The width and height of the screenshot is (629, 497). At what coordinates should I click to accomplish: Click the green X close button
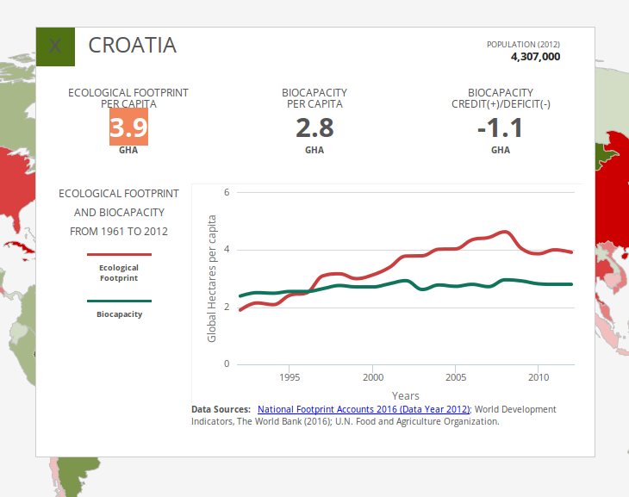pos(55,47)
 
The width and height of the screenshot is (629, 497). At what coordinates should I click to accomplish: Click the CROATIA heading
pos(133,46)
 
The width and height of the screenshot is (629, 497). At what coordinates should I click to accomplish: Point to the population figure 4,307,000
pos(535,57)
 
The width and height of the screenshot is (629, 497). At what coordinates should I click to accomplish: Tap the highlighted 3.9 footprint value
pos(128,128)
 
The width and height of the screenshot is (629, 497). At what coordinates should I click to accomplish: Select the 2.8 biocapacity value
pos(314,128)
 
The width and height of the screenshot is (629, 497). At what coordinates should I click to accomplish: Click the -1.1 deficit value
pos(500,128)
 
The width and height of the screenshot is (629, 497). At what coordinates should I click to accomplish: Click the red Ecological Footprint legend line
pos(119,255)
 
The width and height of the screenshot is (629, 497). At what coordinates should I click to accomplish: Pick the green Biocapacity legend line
pos(119,301)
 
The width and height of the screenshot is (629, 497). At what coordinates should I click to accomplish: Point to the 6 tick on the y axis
pos(227,192)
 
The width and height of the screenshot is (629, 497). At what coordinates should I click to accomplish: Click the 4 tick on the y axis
pos(227,250)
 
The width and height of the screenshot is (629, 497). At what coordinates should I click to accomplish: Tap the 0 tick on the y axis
pos(227,363)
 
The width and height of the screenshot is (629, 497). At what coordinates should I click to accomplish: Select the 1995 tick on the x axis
pos(290,377)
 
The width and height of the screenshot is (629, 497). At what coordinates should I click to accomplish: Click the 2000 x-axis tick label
pos(372,377)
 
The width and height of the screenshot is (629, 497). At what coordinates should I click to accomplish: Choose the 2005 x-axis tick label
pos(456,377)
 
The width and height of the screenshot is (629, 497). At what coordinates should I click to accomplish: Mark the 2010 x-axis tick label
pos(539,377)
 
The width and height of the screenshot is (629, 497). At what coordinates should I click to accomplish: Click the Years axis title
pos(393,395)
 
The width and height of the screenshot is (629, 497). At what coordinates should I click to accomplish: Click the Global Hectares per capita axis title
pos(212,277)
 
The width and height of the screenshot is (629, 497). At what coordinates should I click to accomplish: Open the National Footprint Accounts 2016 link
pos(363,409)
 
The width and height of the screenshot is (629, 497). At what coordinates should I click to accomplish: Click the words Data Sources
pos(221,409)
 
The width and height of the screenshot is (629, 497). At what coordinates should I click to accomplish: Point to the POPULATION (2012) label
pos(524,44)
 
